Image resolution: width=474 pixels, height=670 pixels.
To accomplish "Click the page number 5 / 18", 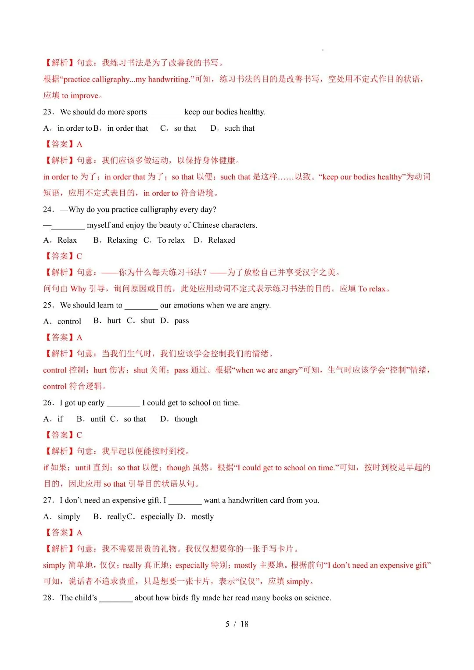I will [x=237, y=624].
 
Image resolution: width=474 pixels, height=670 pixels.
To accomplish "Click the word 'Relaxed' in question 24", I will [x=221, y=240].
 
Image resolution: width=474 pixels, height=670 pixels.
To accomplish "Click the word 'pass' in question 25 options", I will [x=182, y=321].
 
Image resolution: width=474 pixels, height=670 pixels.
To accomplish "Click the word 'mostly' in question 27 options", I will [x=202, y=516].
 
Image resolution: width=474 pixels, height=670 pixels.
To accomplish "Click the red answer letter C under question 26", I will [x=79, y=435].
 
